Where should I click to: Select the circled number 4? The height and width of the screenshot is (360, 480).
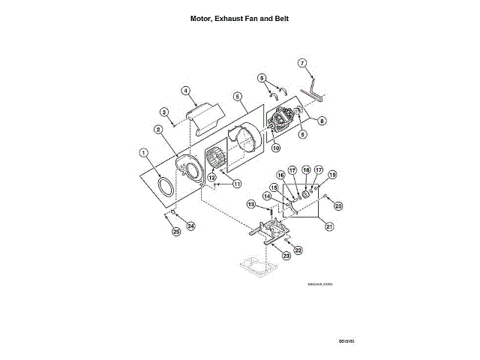[184, 91]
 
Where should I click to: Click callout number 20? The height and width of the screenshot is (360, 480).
[338, 205]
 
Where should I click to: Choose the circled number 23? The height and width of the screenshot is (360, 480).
[286, 256]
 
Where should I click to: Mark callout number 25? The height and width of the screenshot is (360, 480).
[177, 232]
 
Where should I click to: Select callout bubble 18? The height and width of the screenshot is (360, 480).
[306, 169]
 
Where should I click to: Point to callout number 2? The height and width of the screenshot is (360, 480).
[159, 130]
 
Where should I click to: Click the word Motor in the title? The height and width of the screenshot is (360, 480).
[201, 19]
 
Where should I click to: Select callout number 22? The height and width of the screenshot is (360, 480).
[298, 250]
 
